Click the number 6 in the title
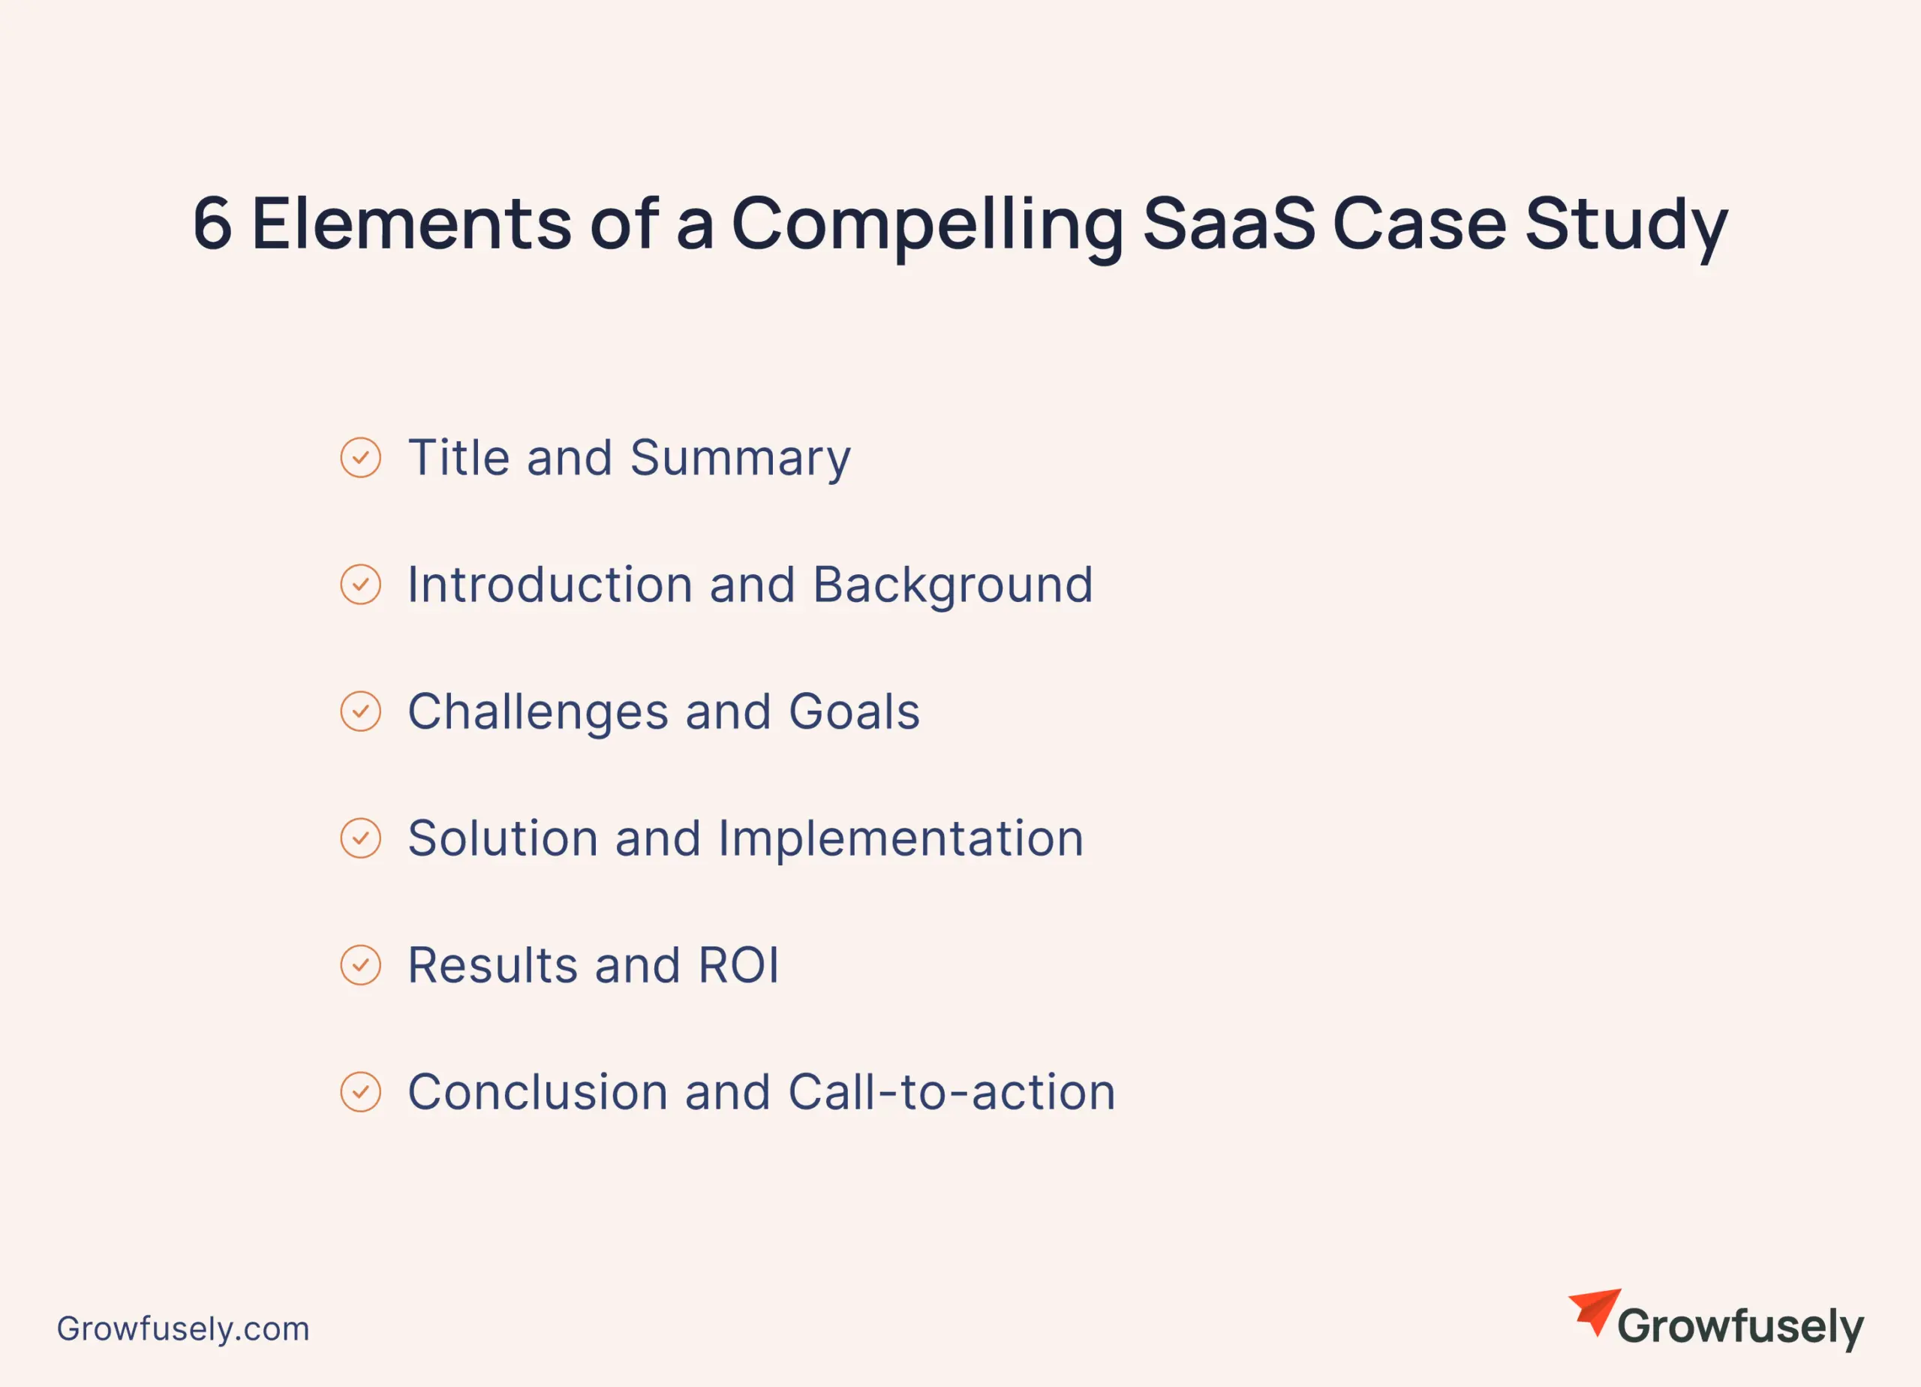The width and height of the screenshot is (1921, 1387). (x=212, y=224)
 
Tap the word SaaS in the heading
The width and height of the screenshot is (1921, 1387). (x=1229, y=224)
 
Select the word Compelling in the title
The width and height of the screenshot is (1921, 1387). (x=927, y=227)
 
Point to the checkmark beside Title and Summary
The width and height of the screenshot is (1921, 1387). (x=361, y=458)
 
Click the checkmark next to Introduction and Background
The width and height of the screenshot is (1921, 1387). (x=361, y=585)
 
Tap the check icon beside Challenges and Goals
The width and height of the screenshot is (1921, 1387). (x=361, y=711)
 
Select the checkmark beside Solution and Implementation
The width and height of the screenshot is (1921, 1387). (x=361, y=838)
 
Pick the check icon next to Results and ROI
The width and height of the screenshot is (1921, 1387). (x=361, y=965)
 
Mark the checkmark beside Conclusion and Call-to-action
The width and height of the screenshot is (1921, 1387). (x=361, y=1091)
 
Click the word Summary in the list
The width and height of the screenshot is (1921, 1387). (x=741, y=461)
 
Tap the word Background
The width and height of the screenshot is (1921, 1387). (x=953, y=587)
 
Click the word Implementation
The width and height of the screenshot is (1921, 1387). (x=900, y=841)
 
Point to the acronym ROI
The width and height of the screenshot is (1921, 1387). (x=738, y=965)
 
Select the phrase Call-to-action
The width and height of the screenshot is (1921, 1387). (x=952, y=1091)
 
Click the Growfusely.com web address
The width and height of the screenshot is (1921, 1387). (x=183, y=1328)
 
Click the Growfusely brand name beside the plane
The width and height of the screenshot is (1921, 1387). (x=1741, y=1328)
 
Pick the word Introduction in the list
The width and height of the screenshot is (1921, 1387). (x=550, y=585)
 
